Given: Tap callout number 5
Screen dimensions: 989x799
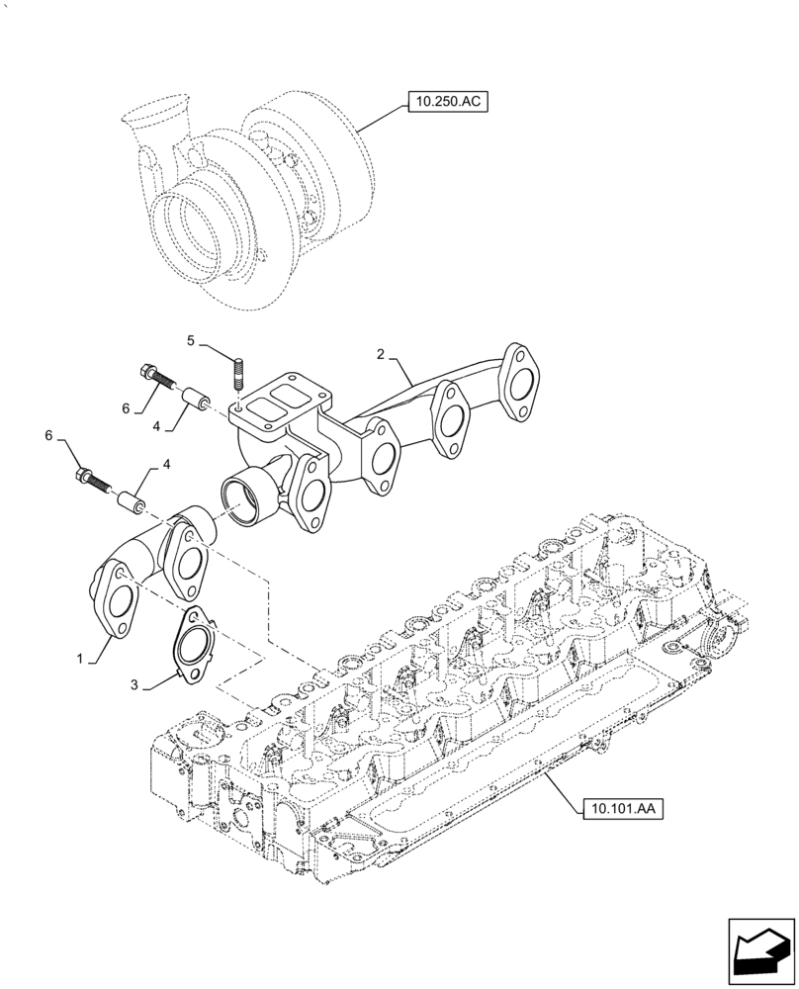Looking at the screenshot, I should (x=193, y=341).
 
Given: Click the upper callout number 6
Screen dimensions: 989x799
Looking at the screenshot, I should (x=126, y=408).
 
